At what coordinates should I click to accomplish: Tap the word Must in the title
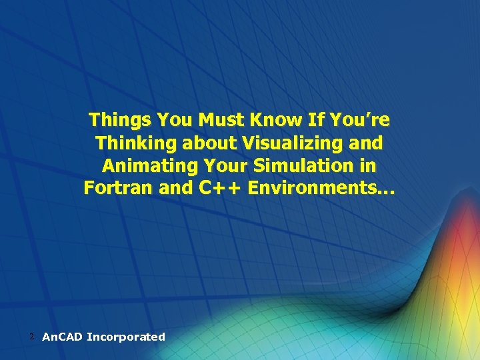click(x=221, y=121)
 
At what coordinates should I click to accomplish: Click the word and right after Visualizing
click(x=368, y=143)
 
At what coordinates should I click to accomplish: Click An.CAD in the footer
click(x=62, y=337)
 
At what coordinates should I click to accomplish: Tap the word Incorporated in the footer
click(x=126, y=337)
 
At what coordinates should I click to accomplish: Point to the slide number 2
click(x=32, y=337)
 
